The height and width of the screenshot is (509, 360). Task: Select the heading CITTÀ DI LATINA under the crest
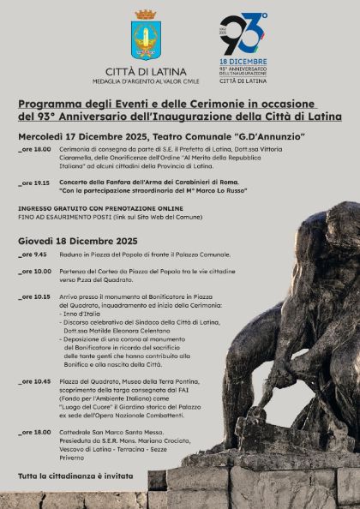pyautogui.click(x=144, y=72)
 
